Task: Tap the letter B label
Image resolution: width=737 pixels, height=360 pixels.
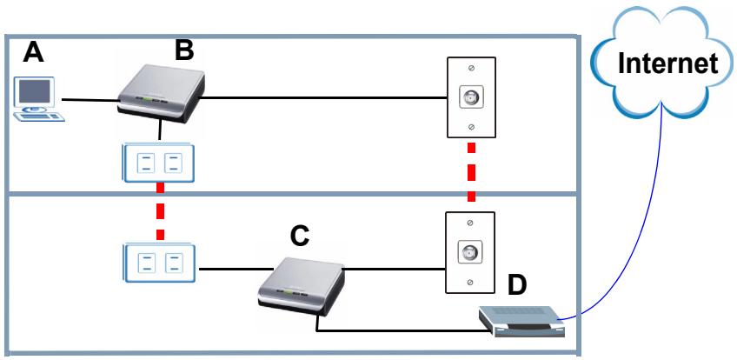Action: tap(183, 50)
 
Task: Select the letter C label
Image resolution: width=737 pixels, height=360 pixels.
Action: tap(299, 236)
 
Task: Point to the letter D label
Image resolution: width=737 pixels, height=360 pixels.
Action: tap(517, 286)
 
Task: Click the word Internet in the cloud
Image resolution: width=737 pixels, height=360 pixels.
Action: tap(667, 63)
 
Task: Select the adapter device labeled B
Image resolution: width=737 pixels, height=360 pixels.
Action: tap(161, 94)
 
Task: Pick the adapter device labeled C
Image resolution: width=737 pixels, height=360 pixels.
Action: tap(302, 289)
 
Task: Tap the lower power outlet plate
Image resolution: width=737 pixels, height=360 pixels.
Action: tap(159, 263)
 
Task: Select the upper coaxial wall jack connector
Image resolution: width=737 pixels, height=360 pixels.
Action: tap(470, 97)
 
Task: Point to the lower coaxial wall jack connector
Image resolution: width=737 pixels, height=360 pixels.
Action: tap(470, 251)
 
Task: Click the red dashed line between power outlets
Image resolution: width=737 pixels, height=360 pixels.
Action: tap(160, 211)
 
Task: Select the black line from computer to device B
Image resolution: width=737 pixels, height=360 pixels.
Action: tap(90, 100)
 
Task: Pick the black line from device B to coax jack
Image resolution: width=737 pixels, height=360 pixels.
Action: tap(324, 98)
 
